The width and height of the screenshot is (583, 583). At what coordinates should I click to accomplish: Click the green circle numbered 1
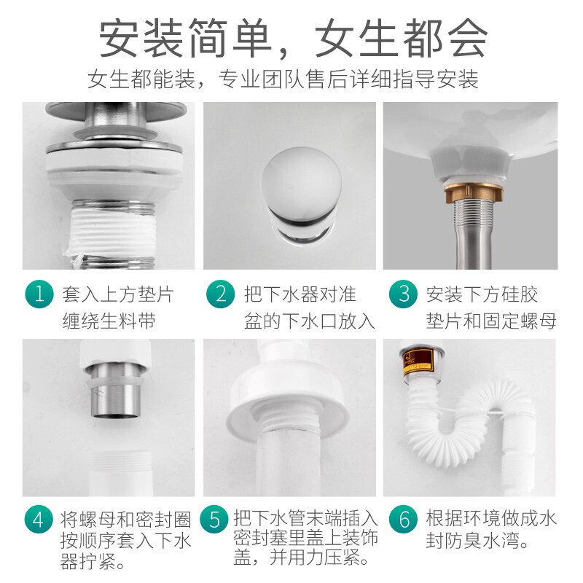pyautogui.click(x=39, y=294)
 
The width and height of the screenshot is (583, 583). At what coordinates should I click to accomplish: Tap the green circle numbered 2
pyautogui.click(x=221, y=294)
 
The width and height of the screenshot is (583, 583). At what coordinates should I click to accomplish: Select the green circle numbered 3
pyautogui.click(x=403, y=294)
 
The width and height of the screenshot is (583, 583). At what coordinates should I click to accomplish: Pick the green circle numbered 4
pyautogui.click(x=39, y=519)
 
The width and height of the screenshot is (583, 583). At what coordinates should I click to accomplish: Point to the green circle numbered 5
pyautogui.click(x=214, y=519)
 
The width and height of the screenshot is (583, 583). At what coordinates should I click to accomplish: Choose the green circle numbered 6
pyautogui.click(x=403, y=519)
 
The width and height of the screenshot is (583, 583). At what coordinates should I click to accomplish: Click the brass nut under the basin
pyautogui.click(x=474, y=192)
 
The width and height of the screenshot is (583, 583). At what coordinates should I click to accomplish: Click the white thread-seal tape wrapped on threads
pyautogui.click(x=111, y=233)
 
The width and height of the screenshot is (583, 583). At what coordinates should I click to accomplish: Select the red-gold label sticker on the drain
pyautogui.click(x=418, y=360)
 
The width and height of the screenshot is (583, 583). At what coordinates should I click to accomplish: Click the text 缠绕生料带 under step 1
pyautogui.click(x=109, y=321)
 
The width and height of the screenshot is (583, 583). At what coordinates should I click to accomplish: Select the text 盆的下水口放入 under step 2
pyautogui.click(x=309, y=321)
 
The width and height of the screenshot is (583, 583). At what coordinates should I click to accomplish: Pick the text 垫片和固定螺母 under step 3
pyautogui.click(x=491, y=321)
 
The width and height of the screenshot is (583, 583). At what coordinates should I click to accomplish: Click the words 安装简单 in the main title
pyautogui.click(x=185, y=39)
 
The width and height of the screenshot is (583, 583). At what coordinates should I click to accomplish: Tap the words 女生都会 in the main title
pyautogui.click(x=402, y=39)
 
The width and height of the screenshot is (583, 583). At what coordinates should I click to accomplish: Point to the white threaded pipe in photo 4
pyautogui.click(x=120, y=473)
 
